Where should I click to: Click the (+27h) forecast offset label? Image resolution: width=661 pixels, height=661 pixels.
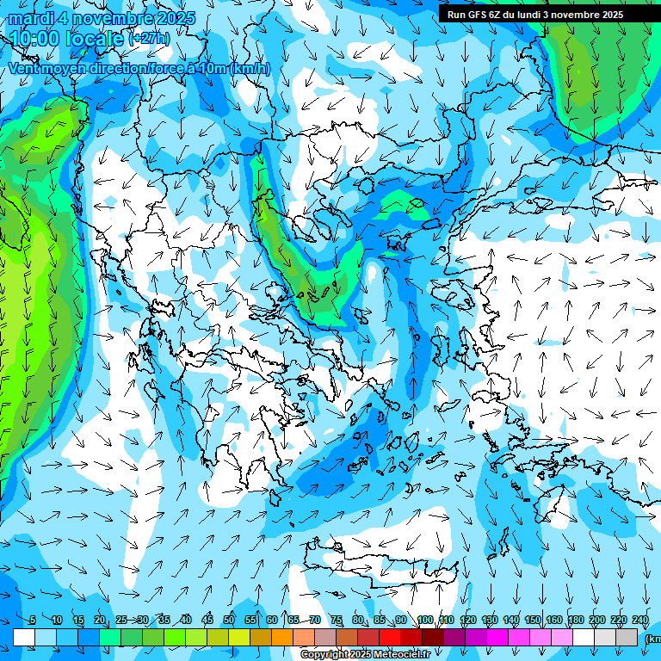tap(149, 39)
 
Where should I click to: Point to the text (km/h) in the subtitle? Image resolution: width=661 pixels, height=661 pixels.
tap(250, 69)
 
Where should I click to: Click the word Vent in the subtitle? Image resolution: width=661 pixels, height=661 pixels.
tap(26, 69)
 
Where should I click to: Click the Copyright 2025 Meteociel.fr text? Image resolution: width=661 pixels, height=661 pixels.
tap(365, 655)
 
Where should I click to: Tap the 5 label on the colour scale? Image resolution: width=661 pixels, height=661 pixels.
tap(33, 621)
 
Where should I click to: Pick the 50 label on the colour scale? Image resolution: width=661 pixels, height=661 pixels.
tap(229, 621)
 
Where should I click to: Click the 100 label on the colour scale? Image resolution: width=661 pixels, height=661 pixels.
tap(425, 621)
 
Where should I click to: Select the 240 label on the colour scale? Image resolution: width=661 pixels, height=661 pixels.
tap(640, 621)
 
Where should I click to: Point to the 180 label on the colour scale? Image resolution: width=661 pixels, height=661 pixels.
tap(576, 621)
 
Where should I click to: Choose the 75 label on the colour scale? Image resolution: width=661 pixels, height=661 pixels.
tap(337, 621)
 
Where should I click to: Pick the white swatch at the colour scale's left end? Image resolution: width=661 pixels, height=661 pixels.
tap(24, 637)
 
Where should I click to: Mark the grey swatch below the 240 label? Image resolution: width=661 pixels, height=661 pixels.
tap(627, 637)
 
